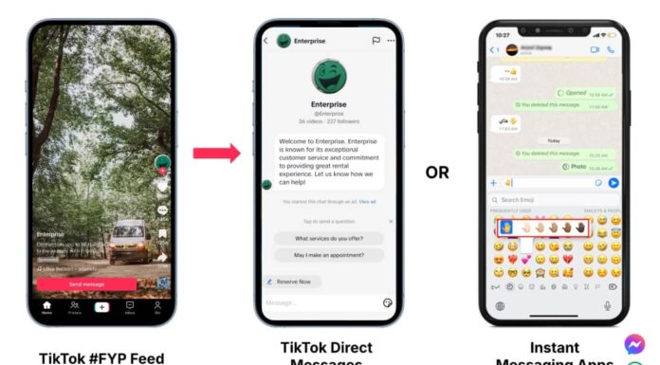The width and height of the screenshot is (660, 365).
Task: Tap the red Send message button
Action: tap(86, 283)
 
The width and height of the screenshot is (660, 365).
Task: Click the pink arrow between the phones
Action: tap(217, 154)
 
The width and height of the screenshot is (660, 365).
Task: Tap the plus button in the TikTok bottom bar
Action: tap(101, 306)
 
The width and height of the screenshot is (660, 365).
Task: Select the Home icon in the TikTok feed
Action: tap(46, 307)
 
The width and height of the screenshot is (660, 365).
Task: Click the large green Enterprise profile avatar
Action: tap(327, 75)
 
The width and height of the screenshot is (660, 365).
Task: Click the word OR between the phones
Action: tap(437, 173)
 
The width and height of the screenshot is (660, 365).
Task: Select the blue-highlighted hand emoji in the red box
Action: tap(505, 228)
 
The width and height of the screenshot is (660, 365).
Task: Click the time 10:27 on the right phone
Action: tap(502, 35)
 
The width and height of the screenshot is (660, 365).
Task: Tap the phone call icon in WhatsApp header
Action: tap(611, 49)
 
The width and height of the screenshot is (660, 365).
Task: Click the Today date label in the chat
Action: tap(554, 140)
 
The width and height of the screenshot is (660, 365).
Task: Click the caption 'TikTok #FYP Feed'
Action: tap(101, 357)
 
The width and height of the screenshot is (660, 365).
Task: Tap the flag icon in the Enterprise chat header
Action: tap(376, 41)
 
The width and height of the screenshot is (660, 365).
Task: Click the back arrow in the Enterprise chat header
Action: tap(266, 41)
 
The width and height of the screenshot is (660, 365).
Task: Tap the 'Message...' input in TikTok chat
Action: tap(313, 302)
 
